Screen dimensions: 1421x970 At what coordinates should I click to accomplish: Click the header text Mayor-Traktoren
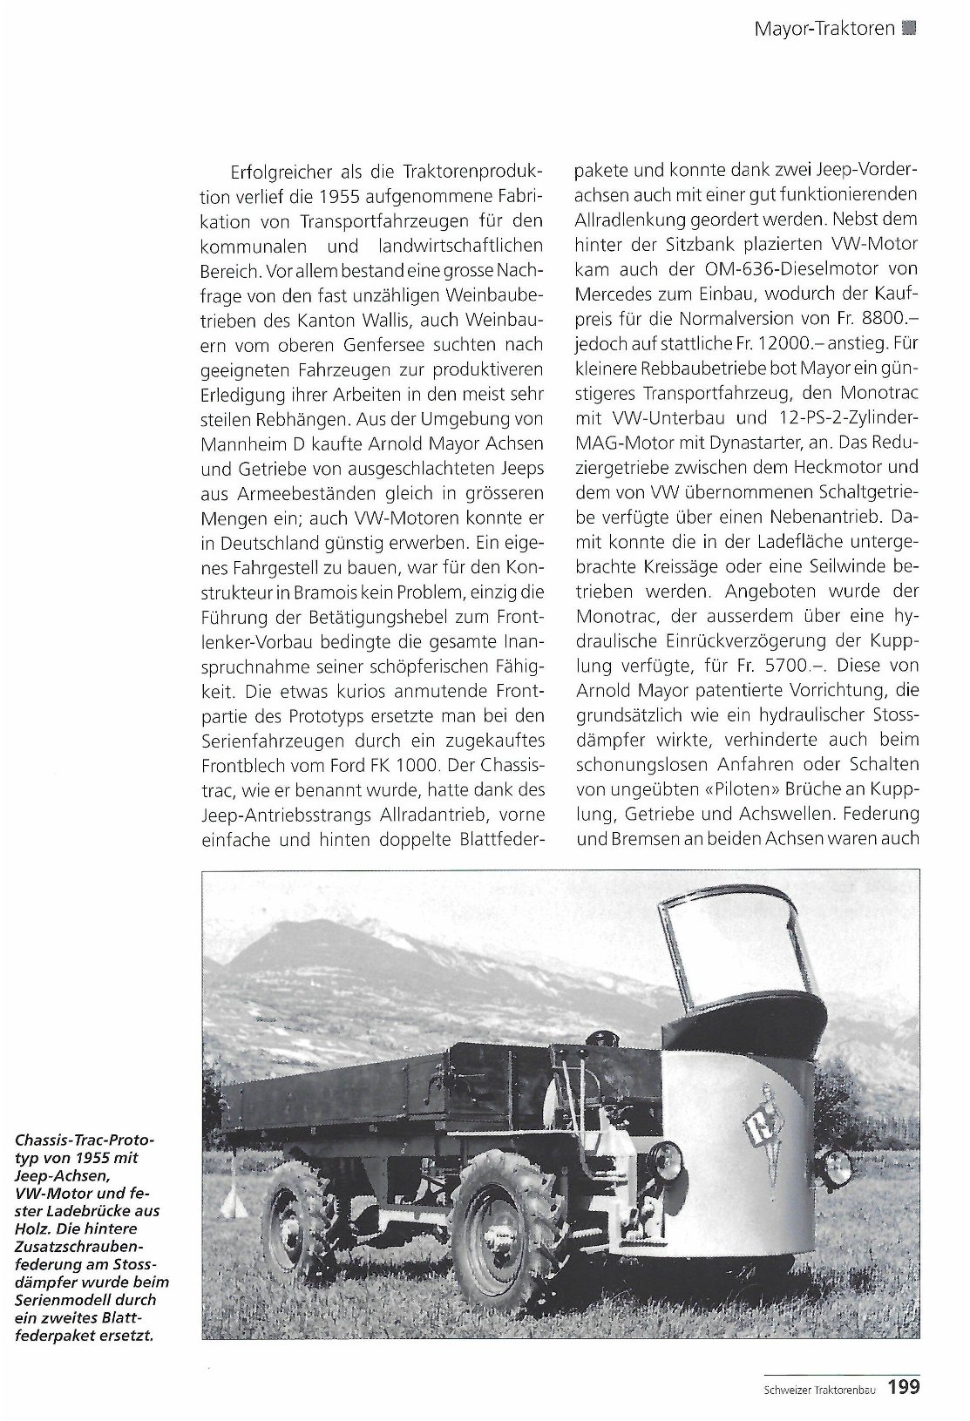tap(824, 28)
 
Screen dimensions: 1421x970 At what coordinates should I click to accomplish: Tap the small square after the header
tap(911, 28)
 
